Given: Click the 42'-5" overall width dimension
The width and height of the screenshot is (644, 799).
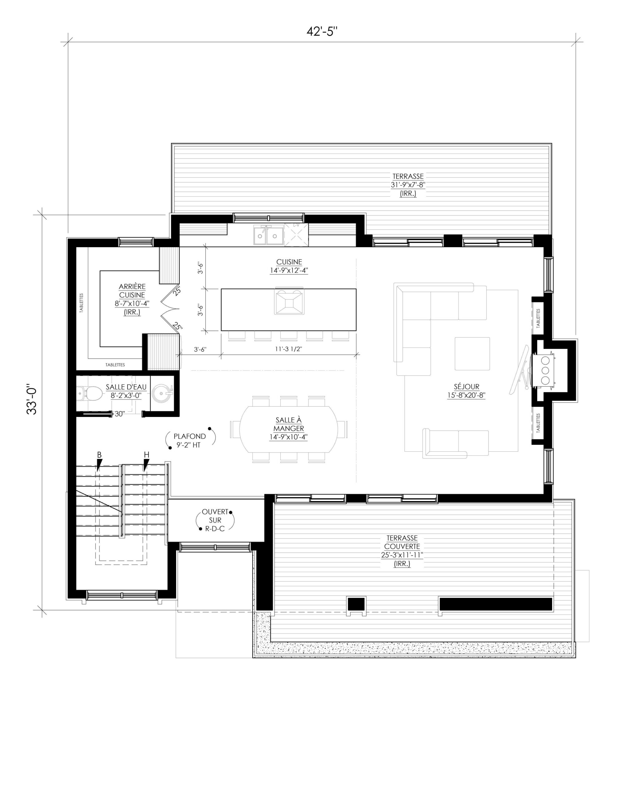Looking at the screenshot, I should coord(322,32).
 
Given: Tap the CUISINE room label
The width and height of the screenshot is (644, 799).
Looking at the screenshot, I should coord(289,262).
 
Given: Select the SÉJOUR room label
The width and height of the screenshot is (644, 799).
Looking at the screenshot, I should coord(466,386).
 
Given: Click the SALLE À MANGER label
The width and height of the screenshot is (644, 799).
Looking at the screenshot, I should coord(288,424).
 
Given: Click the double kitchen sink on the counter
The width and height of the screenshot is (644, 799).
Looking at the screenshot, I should coord(268,236).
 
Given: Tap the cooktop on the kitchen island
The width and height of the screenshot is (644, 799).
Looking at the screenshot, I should coord(289,301).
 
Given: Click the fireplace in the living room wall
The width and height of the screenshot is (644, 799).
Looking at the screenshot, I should coord(545,370).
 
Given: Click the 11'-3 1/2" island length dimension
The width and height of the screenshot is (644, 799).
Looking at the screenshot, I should coord(288,349).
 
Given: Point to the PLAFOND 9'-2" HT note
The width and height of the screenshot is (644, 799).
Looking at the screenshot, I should coord(189,440).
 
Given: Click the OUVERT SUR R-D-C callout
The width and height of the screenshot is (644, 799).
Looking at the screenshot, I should coord(215,520).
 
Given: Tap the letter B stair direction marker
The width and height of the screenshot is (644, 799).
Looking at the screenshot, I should coord(99,455).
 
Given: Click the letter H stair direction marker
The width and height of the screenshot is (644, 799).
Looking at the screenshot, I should coord(146,455).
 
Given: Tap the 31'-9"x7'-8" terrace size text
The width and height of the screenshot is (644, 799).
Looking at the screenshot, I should coord(408,185).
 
